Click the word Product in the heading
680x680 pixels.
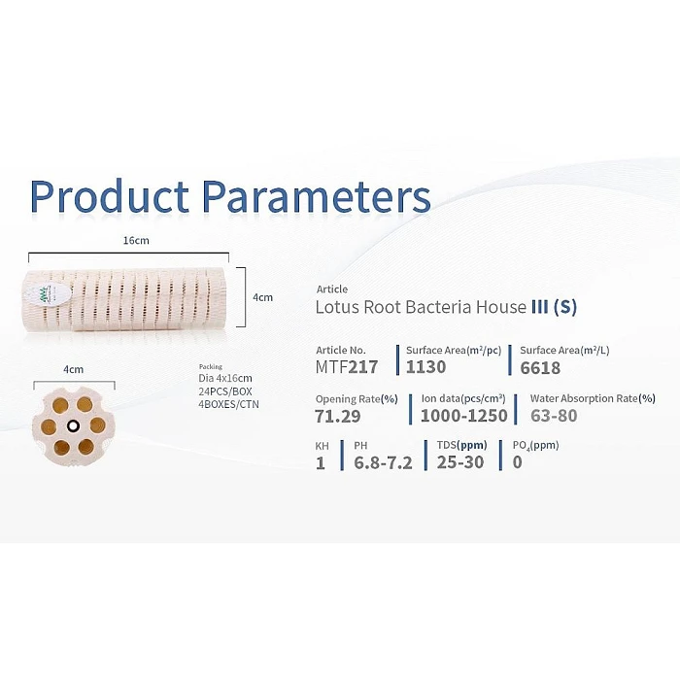point(109,195)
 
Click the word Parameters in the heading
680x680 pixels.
point(317,195)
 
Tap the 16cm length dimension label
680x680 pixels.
point(136,240)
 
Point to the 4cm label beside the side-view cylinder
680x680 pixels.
point(263,297)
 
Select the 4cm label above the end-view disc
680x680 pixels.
point(73,369)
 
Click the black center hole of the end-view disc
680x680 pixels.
point(73,426)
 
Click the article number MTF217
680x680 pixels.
point(347,367)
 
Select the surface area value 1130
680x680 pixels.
point(425,367)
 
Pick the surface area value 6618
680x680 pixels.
point(540,368)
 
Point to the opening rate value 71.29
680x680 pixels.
point(338,417)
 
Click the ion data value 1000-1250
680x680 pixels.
point(464,416)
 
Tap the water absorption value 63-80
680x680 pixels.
point(554,416)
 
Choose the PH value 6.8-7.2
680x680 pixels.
point(383,462)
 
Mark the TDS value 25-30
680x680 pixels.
point(460,462)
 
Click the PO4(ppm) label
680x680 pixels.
point(535,445)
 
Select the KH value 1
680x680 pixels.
point(321,463)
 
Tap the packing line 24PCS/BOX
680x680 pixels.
point(225,391)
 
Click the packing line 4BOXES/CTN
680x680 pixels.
point(228,404)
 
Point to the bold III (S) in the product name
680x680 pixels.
point(555,307)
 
